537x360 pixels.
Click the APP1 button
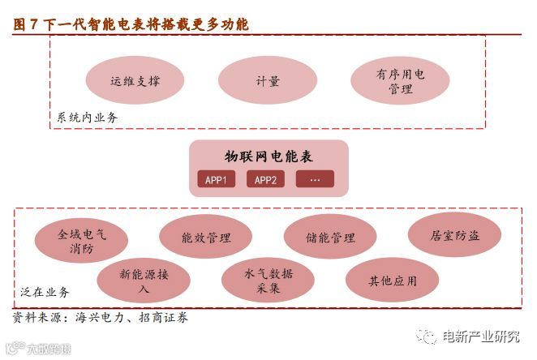[x=217, y=179]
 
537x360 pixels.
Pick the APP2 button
[x=265, y=179]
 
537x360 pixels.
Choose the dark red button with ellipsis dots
[x=315, y=179]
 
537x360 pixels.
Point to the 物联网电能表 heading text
[x=268, y=157]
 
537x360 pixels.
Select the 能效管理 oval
[x=206, y=238]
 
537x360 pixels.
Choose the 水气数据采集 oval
[x=268, y=281]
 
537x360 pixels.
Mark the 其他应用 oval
[x=392, y=281]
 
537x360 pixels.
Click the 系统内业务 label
[x=87, y=118]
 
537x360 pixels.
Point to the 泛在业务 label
[x=45, y=292]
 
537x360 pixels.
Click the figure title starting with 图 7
[x=131, y=24]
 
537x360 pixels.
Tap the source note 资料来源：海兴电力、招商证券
[x=101, y=317]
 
